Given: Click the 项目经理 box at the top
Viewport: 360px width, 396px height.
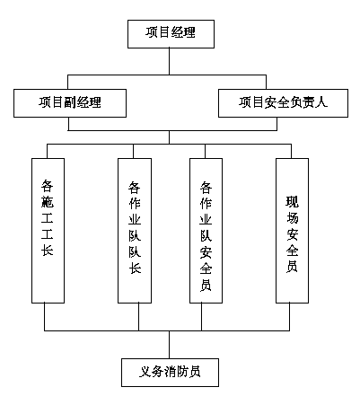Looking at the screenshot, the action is point(171,34).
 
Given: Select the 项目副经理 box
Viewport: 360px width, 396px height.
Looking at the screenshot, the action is point(70,103).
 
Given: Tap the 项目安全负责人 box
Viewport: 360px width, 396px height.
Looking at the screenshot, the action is point(283,103).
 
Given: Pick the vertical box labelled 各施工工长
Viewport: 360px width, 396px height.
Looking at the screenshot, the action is point(48,231).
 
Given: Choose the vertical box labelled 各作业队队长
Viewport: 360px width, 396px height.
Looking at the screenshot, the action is point(135,231).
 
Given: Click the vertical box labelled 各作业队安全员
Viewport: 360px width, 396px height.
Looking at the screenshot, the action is point(206,231).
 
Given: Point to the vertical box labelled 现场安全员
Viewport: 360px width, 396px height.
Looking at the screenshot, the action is point(292,231).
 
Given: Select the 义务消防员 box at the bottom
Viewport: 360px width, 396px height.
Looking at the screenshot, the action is point(170,373).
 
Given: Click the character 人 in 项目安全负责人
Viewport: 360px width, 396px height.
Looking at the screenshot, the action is point(321,102).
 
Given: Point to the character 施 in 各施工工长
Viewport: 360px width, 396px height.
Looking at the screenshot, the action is point(48,201).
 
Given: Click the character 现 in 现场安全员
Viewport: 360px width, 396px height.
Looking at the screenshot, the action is point(292,202).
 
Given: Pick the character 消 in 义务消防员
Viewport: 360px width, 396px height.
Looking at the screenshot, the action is point(170,372).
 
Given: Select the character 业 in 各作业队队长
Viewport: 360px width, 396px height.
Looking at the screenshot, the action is point(135,219).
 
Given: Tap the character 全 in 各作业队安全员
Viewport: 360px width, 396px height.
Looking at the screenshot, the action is point(206,268).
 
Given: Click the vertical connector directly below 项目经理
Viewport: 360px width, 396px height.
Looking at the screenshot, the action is point(169,61).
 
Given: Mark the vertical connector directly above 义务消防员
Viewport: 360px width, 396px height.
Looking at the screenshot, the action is point(169,345).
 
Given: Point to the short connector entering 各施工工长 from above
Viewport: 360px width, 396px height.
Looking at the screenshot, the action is point(47,151).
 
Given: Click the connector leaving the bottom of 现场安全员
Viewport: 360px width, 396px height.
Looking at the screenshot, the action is point(289,317).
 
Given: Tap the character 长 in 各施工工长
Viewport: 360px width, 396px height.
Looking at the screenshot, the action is point(48,250).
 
